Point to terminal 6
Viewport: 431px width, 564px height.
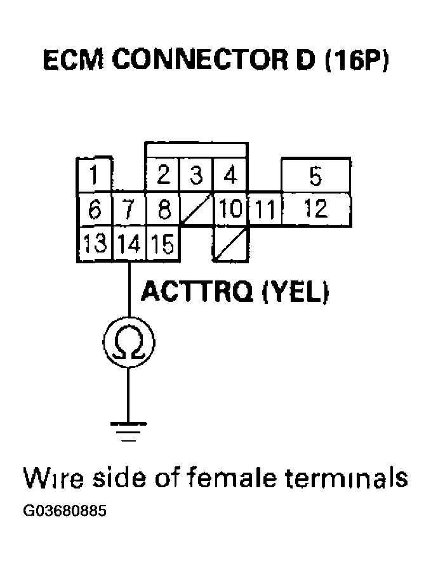pyautogui.click(x=94, y=209)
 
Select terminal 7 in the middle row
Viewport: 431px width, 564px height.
pyautogui.click(x=129, y=209)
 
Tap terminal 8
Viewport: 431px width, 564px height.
pyautogui.click(x=163, y=209)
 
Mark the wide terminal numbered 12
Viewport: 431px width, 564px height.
pyautogui.click(x=315, y=209)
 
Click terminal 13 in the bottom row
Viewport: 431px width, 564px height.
pyautogui.click(x=94, y=244)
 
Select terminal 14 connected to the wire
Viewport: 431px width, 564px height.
pyautogui.click(x=129, y=244)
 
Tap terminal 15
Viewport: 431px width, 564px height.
pyautogui.click(x=163, y=244)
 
